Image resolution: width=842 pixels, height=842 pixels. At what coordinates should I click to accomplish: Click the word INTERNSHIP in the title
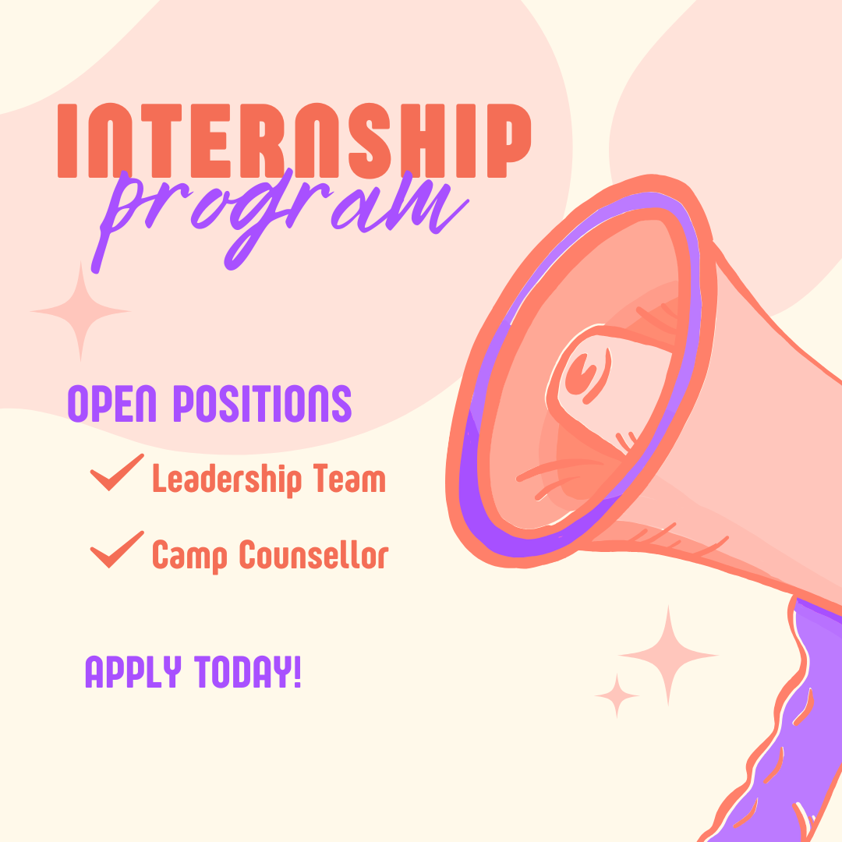(x=294, y=140)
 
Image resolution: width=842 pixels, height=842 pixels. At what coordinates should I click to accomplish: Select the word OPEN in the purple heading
(x=111, y=403)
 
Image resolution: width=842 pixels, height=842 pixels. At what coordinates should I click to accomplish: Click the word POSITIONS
(x=262, y=403)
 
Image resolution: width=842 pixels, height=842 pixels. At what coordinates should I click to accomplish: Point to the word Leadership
(x=227, y=479)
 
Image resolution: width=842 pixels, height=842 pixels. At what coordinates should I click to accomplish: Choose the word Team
(x=349, y=478)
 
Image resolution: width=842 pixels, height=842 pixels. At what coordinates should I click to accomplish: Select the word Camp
(x=189, y=555)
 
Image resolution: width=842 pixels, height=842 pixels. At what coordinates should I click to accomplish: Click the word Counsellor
(x=313, y=554)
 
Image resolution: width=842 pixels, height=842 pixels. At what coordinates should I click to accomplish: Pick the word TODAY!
(x=248, y=672)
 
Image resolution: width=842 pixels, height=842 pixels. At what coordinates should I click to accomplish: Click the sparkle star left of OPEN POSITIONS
(x=80, y=311)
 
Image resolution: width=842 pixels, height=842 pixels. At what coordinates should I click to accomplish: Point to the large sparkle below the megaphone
(x=668, y=655)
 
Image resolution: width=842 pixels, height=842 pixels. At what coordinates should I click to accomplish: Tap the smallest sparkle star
(x=617, y=696)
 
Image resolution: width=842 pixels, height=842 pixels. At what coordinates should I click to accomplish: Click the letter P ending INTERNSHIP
(x=509, y=140)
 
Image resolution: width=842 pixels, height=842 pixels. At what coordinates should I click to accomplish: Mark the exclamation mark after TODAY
(x=298, y=672)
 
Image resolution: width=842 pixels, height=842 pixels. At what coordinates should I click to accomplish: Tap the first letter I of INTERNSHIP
(x=67, y=140)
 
